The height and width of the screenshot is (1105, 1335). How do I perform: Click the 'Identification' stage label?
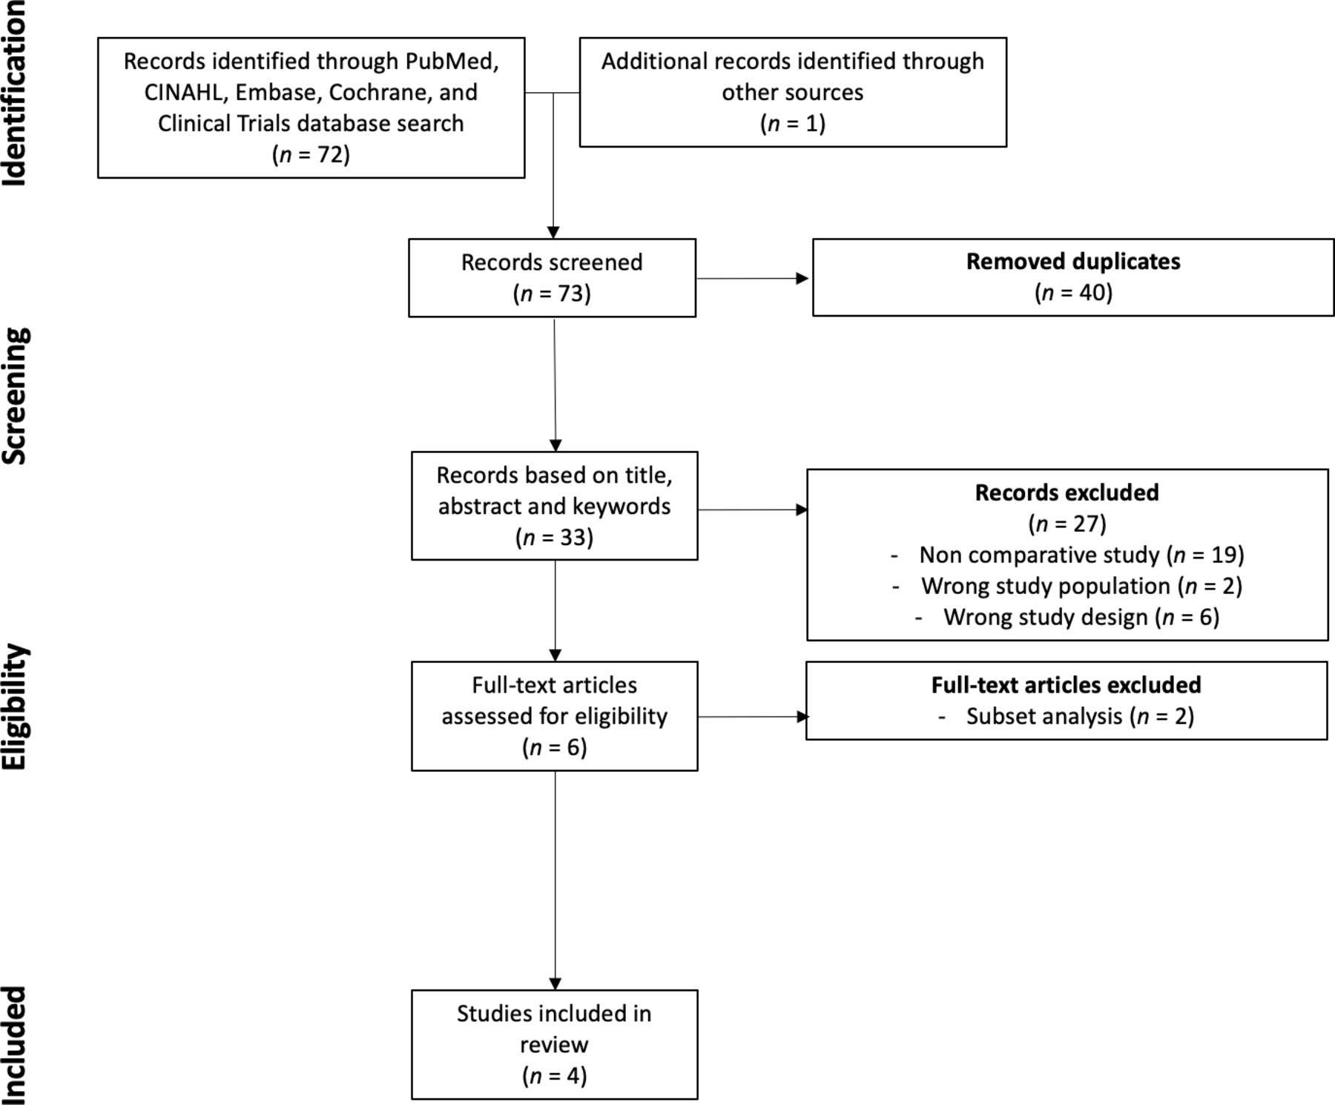(15, 93)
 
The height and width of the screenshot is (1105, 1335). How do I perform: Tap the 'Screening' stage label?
(15, 396)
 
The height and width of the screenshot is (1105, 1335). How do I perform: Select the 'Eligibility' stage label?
(15, 707)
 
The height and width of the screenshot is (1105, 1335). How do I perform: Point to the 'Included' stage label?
(15, 1045)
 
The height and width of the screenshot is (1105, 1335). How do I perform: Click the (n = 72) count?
(311, 154)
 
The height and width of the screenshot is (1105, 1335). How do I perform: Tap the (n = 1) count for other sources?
(793, 123)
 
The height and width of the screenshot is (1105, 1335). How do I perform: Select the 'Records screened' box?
(553, 278)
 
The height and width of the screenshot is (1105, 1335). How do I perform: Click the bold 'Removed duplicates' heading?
(1073, 262)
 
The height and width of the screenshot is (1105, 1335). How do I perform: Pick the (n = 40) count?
(1073, 292)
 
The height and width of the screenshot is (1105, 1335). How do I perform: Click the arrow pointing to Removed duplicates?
(753, 279)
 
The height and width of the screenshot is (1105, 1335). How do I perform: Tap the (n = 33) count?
(555, 537)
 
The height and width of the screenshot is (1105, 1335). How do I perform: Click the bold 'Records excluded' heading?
(1067, 492)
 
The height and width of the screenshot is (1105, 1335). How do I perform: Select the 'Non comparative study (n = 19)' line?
(1067, 555)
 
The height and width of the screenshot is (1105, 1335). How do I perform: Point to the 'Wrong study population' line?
(1067, 586)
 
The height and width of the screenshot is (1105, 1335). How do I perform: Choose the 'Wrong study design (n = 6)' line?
(1067, 617)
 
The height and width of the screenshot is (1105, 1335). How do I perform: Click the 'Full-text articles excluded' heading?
(1067, 685)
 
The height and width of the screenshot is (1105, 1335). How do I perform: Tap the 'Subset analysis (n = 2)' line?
(1067, 716)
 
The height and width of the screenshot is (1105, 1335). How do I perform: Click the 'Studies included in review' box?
(555, 1044)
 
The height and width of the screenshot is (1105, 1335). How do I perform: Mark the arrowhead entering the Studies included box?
(556, 983)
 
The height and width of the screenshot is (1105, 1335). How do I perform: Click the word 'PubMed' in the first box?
(451, 61)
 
